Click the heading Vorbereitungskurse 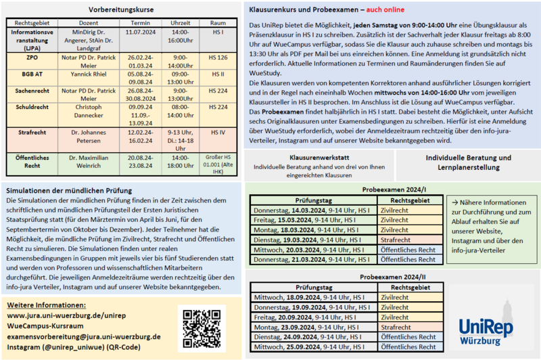[x=121, y=10]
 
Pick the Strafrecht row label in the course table [x=30, y=133]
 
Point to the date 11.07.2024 [x=141, y=32]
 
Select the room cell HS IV [x=218, y=132]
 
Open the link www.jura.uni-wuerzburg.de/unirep [x=66, y=315]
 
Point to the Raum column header [x=218, y=22]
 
